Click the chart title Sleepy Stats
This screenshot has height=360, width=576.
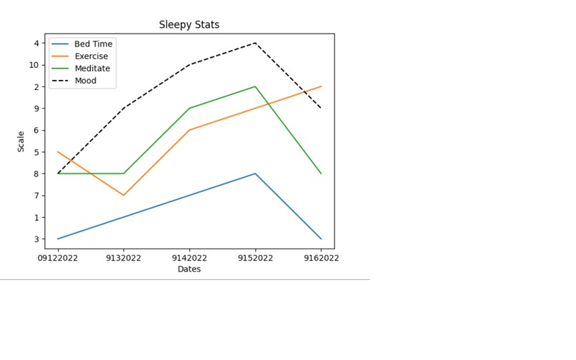coord(189,25)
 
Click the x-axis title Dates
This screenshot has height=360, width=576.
coord(189,269)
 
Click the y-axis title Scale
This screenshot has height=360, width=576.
coord(21,141)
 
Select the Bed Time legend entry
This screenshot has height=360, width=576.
coord(93,44)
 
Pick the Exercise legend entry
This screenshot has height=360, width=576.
coord(91,56)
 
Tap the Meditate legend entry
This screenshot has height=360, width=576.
coord(92,69)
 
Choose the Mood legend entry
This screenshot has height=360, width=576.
coord(85,81)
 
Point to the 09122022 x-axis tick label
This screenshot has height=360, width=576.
coord(58,258)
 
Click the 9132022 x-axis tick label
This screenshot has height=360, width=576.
coord(124,258)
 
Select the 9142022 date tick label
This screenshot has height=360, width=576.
coord(189,258)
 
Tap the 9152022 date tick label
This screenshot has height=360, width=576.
coord(255,258)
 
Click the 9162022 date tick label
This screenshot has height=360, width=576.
coord(321,258)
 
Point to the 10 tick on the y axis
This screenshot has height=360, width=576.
coord(34,65)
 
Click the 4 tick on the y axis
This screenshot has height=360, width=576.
coord(36,43)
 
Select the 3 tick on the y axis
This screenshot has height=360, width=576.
coord(36,239)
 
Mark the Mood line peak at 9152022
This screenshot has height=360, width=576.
coord(255,43)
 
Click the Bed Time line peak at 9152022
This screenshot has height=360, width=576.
coord(255,174)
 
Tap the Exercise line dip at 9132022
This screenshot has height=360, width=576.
coord(124,195)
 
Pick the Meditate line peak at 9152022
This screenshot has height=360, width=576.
coord(255,86)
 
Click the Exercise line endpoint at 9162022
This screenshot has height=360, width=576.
coord(321,86)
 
